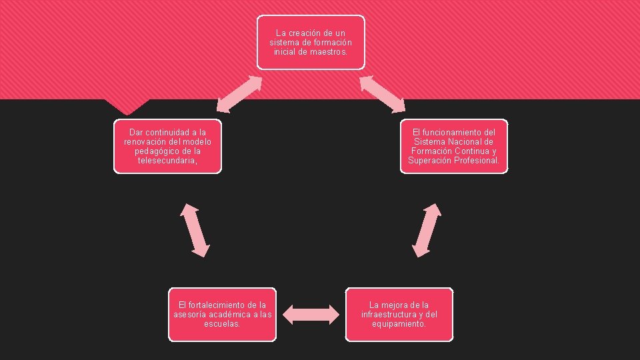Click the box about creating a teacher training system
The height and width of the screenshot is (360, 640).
311,42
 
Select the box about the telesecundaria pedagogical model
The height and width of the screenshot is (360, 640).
167,146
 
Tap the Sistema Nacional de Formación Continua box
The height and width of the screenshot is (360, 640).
453,146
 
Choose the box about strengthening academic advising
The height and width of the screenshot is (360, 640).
222,314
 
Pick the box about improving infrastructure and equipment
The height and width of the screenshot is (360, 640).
399,314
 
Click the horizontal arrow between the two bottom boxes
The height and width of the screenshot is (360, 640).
311,314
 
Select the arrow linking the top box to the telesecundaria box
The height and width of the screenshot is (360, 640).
239,93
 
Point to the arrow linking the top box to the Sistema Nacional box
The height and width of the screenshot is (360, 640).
383,93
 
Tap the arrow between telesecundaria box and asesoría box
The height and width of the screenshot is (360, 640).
195,230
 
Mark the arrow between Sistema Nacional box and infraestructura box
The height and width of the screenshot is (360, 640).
427,230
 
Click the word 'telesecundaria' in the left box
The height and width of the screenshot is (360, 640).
167,161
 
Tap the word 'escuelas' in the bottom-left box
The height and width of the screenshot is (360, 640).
222,324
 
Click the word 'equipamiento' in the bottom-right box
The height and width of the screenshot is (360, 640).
399,324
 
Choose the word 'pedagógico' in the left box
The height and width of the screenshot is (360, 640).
154,151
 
